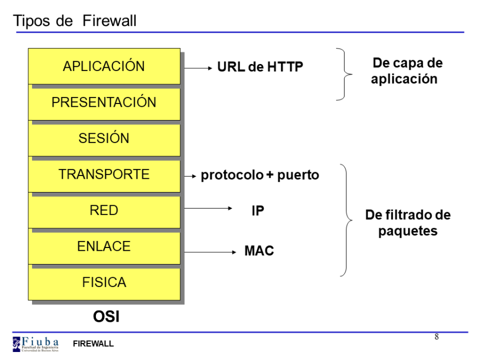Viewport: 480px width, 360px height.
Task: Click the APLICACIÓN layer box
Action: (x=104, y=66)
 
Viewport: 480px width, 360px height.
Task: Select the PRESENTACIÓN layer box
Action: (x=104, y=102)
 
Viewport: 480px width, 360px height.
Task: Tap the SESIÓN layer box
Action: (x=104, y=138)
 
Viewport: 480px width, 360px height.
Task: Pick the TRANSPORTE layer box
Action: (x=104, y=174)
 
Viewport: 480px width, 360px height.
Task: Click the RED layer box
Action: (x=104, y=211)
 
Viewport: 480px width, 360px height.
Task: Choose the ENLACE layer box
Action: (x=104, y=246)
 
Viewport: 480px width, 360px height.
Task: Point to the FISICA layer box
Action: (x=104, y=282)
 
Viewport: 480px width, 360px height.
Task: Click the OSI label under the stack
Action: (x=106, y=317)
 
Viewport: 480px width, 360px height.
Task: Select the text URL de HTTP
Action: (x=260, y=67)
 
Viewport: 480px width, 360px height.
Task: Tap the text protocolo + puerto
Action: (x=260, y=175)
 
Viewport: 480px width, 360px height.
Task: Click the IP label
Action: (x=258, y=211)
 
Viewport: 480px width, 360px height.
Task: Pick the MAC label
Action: (x=259, y=251)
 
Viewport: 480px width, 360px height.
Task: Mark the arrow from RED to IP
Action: (x=208, y=209)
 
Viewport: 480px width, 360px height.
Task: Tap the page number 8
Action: (x=437, y=337)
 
